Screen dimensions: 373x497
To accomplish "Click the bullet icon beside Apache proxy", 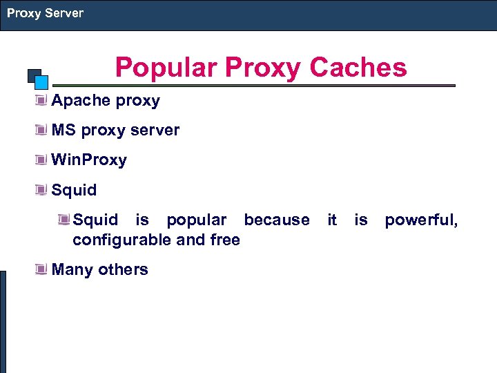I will tap(42, 101).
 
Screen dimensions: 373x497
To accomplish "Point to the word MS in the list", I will tap(64, 131).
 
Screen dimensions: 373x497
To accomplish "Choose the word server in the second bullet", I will tap(155, 131).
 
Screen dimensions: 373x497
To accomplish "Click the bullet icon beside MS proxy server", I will tap(42, 131).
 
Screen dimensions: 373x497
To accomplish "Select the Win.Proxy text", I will tap(89, 160).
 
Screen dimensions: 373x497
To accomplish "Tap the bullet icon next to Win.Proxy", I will tap(42, 160).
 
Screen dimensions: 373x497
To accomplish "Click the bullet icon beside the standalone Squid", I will tap(42, 190).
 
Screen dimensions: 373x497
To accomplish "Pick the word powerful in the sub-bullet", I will tap(420, 220).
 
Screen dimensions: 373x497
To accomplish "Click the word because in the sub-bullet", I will tap(277, 220).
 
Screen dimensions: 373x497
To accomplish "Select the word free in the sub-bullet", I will tap(225, 240).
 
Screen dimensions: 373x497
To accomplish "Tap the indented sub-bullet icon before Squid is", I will tap(64, 220).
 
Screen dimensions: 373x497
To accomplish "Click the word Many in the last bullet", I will tap(72, 269).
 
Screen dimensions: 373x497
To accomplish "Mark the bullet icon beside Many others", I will tap(42, 269).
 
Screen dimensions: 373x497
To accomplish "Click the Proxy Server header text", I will tap(45, 13).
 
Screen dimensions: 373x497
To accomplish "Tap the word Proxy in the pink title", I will tap(263, 68).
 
